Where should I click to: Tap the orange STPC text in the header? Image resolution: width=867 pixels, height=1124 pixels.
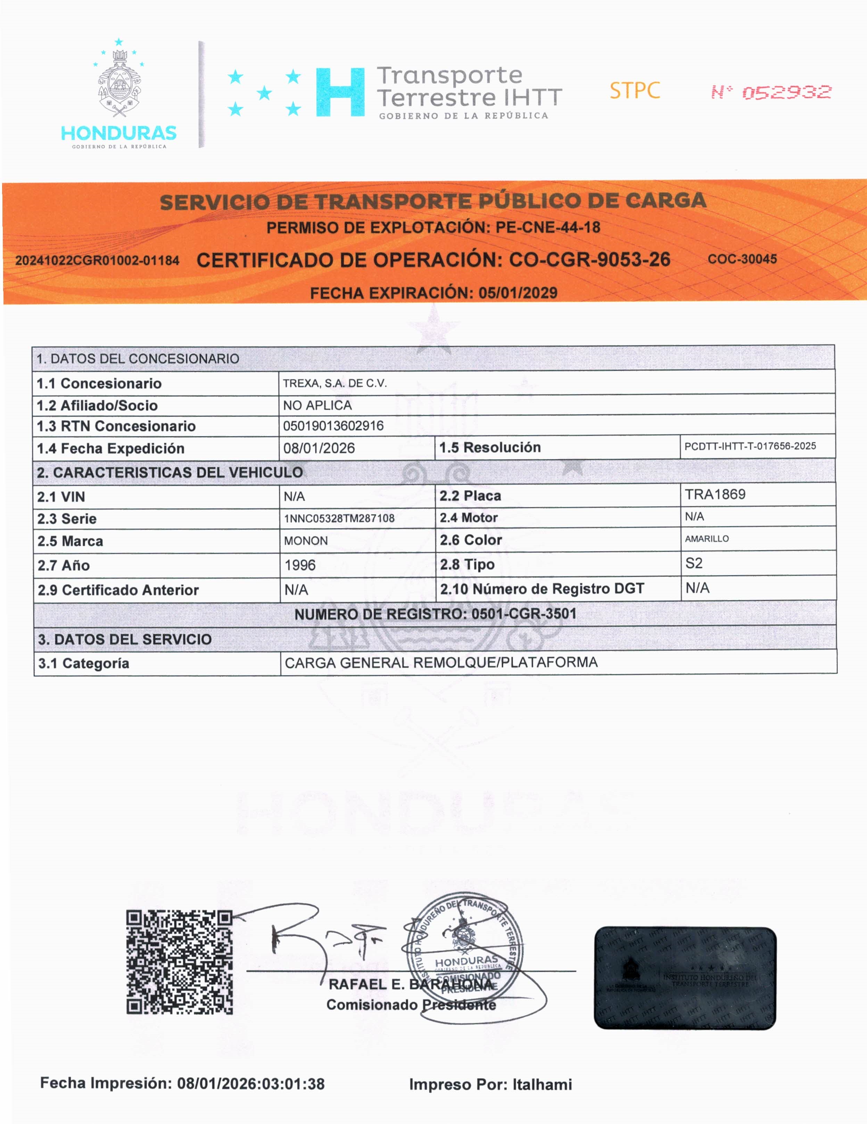point(634,91)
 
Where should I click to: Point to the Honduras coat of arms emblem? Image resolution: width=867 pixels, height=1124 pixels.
point(119,82)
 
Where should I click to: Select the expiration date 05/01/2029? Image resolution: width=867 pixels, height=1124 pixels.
point(518,293)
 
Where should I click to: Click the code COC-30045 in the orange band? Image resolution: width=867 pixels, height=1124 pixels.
point(742,259)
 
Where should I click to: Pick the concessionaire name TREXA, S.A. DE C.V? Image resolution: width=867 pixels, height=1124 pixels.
point(335,384)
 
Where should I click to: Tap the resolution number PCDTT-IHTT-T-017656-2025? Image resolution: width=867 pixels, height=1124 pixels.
point(750,446)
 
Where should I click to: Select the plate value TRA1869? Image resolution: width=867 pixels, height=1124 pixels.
point(715,494)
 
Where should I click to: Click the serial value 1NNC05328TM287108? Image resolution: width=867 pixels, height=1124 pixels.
point(339,518)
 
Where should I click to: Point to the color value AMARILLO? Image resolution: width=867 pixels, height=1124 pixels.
point(707,539)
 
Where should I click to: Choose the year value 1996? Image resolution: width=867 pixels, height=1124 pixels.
point(300,565)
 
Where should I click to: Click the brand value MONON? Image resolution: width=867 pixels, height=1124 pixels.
point(306,541)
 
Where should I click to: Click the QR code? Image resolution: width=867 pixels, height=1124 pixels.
point(180,962)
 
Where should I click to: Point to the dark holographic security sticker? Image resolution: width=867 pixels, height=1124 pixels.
point(685,978)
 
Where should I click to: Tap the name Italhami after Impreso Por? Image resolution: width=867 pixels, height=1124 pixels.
point(542,1084)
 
